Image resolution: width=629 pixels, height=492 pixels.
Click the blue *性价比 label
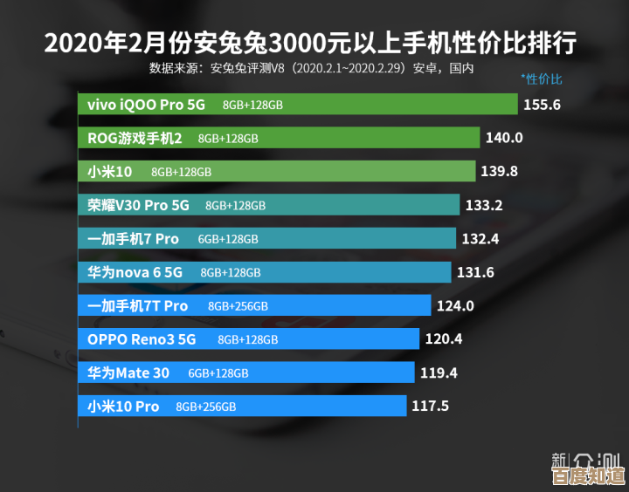pyautogui.click(x=542, y=79)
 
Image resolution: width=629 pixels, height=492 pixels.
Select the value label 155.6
pyautogui.click(x=542, y=105)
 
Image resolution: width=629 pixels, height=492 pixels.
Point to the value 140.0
pyautogui.click(x=504, y=138)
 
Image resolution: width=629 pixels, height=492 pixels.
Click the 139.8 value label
pyautogui.click(x=499, y=171)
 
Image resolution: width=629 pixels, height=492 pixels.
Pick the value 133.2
pyautogui.click(x=484, y=205)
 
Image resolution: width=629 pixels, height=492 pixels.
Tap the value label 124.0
pyautogui.click(x=455, y=306)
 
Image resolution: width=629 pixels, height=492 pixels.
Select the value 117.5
pyautogui.click(x=430, y=407)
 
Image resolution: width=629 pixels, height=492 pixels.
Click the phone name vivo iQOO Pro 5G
pyautogui.click(x=146, y=105)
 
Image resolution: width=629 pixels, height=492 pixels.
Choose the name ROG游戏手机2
pyautogui.click(x=135, y=138)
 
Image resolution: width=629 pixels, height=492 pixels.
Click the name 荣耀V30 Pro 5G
pyautogui.click(x=138, y=205)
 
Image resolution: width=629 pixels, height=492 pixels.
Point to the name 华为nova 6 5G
pyautogui.click(x=135, y=272)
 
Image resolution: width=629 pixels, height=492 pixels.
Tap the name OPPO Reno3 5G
pyautogui.click(x=142, y=339)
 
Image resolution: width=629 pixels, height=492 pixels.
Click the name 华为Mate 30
pyautogui.click(x=128, y=372)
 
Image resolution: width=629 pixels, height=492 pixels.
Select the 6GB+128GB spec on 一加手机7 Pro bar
pyautogui.click(x=228, y=239)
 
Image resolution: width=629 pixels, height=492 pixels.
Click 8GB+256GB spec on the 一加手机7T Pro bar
pyautogui.click(x=238, y=306)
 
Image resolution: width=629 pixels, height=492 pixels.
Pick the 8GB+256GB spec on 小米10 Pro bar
pyautogui.click(x=206, y=407)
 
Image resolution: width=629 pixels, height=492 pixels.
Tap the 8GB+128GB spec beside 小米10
pyautogui.click(x=181, y=172)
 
